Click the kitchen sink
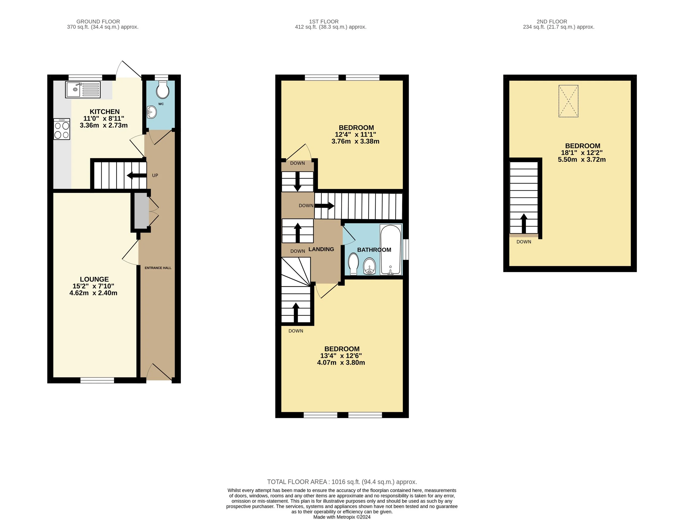83,89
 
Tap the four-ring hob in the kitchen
62,129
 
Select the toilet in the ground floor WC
163,90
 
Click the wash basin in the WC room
152,112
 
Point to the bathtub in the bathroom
391,250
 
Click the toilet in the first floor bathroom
353,264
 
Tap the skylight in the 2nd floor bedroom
568,101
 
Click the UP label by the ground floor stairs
155,176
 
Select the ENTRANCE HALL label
158,268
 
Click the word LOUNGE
94,279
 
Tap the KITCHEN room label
105,112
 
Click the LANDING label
321,249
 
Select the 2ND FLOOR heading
552,22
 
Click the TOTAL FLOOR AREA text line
342,482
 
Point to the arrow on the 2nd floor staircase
524,223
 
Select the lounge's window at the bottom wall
97,380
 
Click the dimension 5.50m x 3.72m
582,160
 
